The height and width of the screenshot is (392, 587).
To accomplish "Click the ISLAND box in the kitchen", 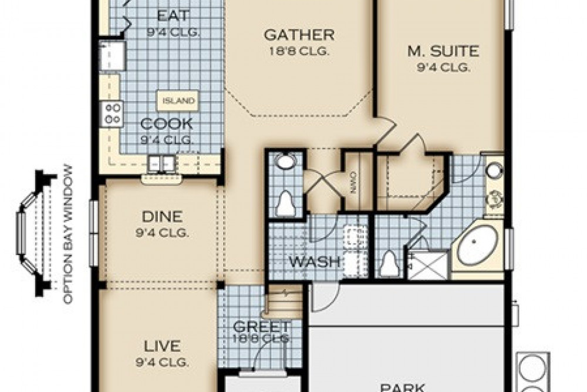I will (178, 100).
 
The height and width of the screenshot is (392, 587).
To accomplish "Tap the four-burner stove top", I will (113, 113).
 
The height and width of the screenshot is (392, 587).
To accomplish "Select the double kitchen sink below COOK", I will (160, 163).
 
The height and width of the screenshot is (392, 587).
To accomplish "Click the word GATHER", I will (299, 35).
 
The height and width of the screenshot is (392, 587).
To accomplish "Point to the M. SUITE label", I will (443, 51).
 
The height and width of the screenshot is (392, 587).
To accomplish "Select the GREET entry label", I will (261, 326).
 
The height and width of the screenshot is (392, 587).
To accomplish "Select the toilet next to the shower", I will (389, 263).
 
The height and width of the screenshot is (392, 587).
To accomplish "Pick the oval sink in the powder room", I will (286, 162).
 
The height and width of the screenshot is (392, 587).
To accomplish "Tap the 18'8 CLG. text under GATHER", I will (299, 51).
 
